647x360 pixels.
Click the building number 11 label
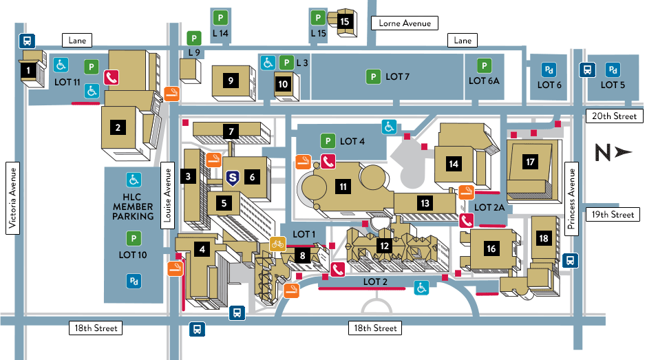pos(343,187)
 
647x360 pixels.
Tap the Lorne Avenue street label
pos(405,23)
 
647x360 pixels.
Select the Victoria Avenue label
pos(13,198)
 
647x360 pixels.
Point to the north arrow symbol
pos(613,152)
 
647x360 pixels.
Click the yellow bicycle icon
pos(277,244)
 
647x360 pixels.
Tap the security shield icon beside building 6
pos(233,178)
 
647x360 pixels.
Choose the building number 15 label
pos(345,21)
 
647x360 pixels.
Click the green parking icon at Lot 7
pos(374,76)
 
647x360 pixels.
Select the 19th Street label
pos(613,215)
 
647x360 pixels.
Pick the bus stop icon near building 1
pos(28,41)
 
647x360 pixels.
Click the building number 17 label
pos(530,162)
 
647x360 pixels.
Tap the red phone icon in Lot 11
pos(111,77)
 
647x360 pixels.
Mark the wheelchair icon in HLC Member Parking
pos(134,180)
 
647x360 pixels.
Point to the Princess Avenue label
pos(571,199)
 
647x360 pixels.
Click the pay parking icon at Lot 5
pos(613,70)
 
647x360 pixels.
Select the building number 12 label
pos(384,246)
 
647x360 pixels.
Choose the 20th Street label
pos(614,116)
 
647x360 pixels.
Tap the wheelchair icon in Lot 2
pos(421,287)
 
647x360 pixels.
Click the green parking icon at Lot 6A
pos(484,65)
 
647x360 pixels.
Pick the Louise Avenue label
pos(167,195)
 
